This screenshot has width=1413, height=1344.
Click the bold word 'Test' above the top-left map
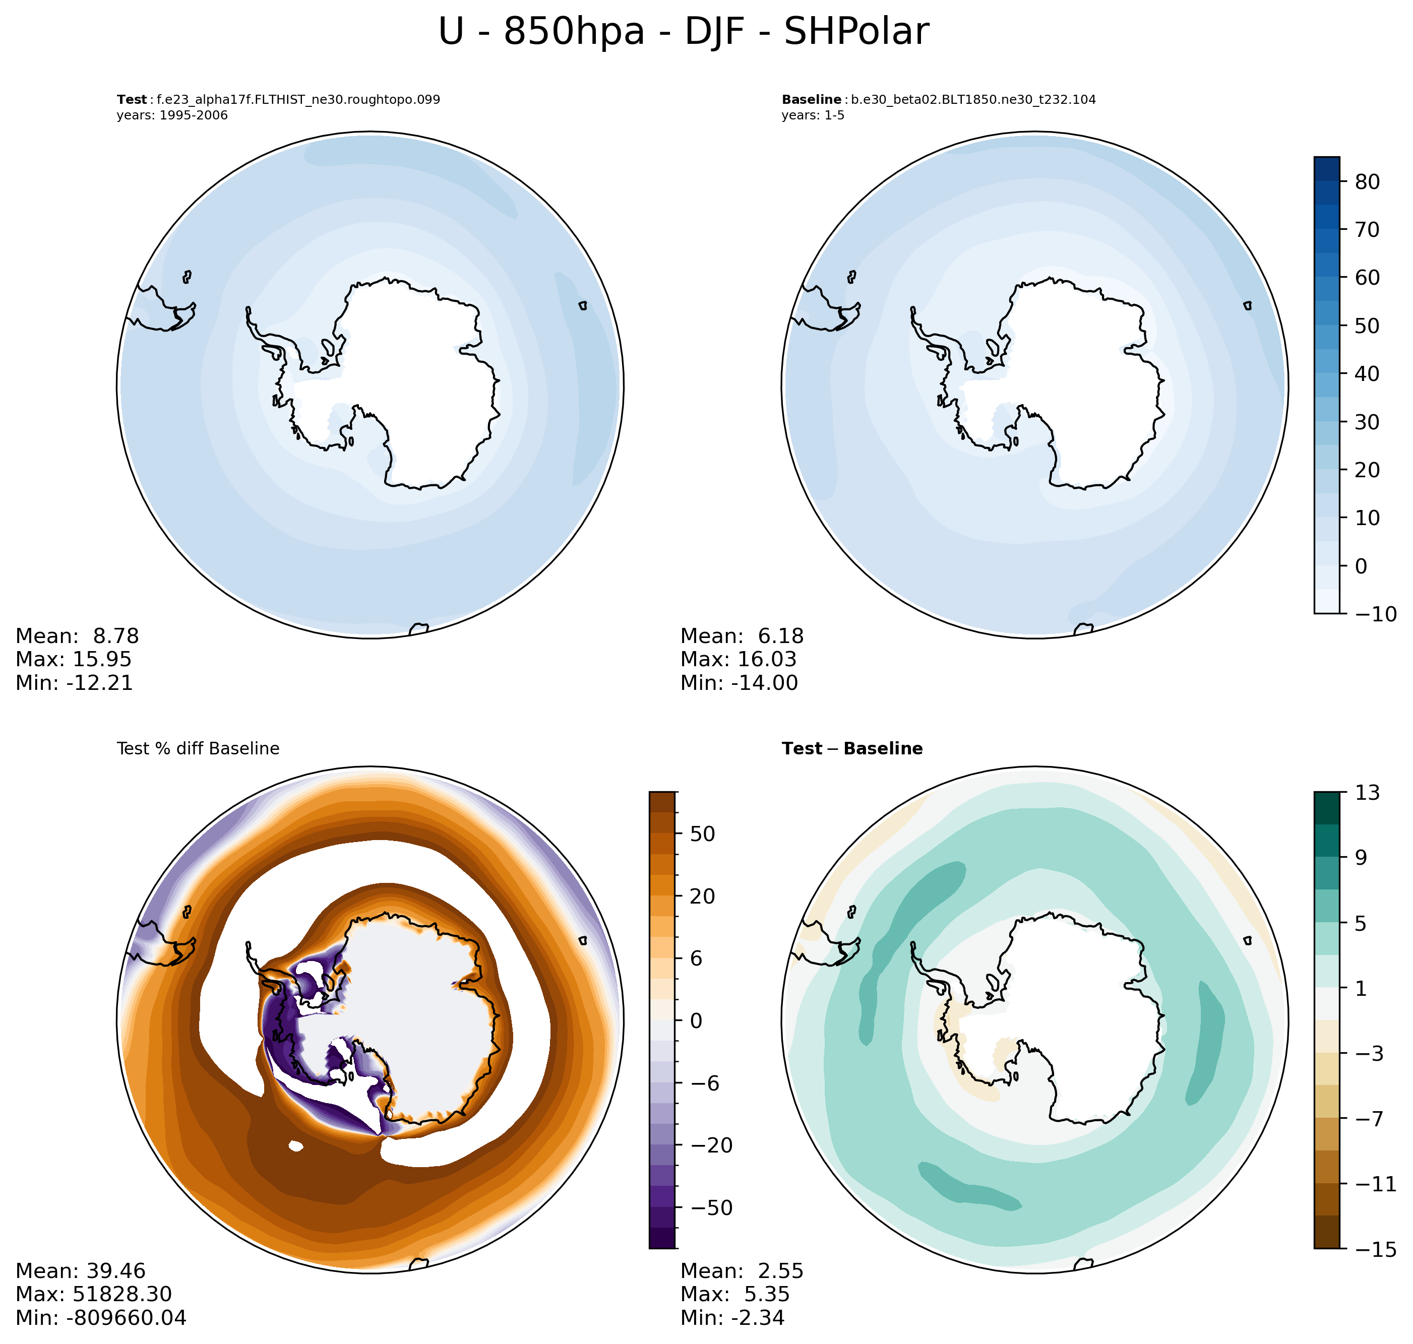tap(132, 100)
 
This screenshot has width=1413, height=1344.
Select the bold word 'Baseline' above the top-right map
tap(811, 100)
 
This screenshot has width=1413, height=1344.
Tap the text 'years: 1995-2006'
tap(172, 115)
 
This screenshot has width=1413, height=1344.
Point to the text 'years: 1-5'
tap(813, 115)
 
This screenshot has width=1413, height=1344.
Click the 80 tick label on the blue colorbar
tap(1367, 182)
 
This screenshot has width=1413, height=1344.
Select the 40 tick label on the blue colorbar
tap(1367, 374)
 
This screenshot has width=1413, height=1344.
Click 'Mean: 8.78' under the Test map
tap(78, 636)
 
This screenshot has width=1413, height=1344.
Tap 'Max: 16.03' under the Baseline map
tap(738, 659)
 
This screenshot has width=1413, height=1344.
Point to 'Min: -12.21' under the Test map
tap(75, 683)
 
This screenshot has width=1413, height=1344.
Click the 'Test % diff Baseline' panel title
tap(198, 749)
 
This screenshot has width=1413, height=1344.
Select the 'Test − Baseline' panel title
tap(852, 749)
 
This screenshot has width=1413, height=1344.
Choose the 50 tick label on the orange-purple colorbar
tap(702, 834)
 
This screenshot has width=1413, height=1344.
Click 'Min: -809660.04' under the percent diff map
tap(101, 1317)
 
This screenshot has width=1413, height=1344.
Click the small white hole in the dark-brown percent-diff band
tap(295, 1146)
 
